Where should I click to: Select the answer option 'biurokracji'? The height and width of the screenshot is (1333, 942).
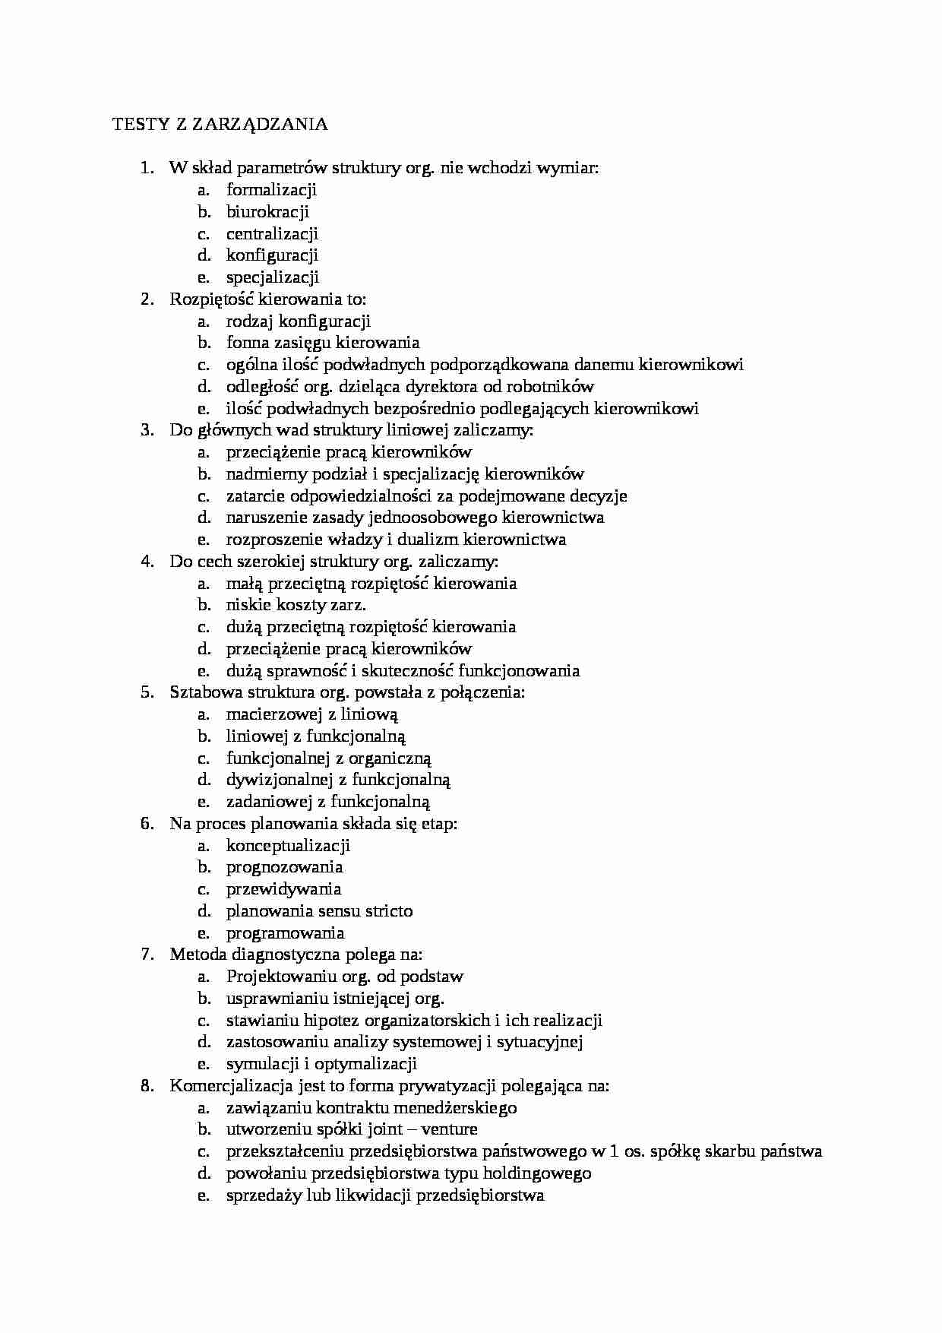coord(267,211)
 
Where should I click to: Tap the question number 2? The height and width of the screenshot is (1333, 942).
coord(147,299)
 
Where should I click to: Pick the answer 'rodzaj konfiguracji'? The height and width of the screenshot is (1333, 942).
coord(298,321)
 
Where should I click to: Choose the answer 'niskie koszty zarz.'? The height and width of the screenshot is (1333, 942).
coord(296,605)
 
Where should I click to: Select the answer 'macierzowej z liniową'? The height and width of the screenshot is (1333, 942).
coord(312,714)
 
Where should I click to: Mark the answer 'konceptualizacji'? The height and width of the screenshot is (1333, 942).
coord(288,846)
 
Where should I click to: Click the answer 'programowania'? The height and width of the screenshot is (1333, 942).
coord(285,933)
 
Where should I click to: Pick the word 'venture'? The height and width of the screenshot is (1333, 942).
coord(449,1129)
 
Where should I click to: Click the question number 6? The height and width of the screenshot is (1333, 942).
coord(147,824)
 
